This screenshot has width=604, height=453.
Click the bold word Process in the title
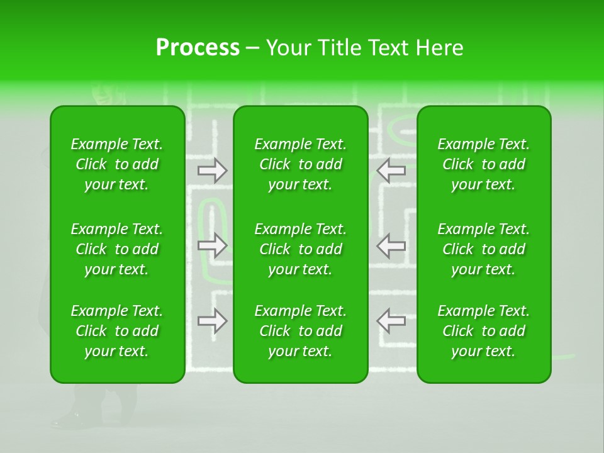(198, 48)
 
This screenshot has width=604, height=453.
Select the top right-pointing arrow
(213, 171)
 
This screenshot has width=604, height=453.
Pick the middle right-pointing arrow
(213, 245)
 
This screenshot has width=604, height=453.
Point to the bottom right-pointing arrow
(213, 321)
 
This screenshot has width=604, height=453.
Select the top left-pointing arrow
(391, 171)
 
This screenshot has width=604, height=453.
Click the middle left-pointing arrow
(391, 245)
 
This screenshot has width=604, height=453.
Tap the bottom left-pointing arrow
(391, 321)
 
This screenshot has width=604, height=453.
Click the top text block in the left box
(117, 164)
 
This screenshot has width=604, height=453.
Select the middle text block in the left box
(117, 249)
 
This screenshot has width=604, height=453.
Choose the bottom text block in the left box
(117, 331)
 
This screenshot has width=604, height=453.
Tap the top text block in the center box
(301, 164)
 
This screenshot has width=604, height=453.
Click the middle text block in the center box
(301, 249)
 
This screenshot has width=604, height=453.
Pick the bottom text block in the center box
(301, 331)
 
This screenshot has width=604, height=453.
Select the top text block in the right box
(484, 164)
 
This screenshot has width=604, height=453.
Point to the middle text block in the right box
(484, 249)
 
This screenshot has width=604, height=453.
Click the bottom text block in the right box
(484, 331)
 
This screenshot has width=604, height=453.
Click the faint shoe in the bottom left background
(69, 419)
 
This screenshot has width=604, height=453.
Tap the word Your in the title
(288, 48)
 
